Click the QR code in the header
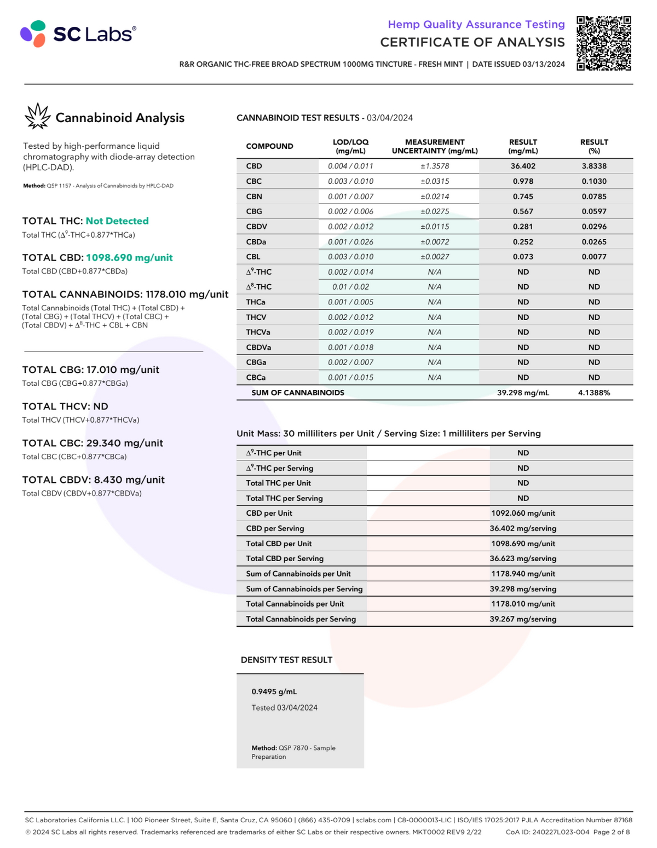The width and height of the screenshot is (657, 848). click(x=604, y=43)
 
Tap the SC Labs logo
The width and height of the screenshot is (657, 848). click(x=78, y=34)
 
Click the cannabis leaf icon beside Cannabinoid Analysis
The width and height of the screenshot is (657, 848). click(x=37, y=116)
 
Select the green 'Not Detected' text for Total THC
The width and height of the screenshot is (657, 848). click(x=117, y=221)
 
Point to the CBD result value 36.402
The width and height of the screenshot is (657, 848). click(x=523, y=166)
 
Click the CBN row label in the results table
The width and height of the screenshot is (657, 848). click(x=254, y=197)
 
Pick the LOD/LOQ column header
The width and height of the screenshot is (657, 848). click(x=350, y=146)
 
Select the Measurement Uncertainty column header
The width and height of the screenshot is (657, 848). click(x=435, y=146)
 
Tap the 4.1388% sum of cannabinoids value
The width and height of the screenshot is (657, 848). click(x=594, y=393)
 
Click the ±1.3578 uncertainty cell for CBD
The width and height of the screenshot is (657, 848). click(x=435, y=166)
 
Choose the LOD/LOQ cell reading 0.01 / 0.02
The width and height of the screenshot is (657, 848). click(x=350, y=287)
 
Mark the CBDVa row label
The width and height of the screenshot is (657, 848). click(x=258, y=347)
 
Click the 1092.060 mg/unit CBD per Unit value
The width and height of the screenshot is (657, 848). click(x=523, y=514)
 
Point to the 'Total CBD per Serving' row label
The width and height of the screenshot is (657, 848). click(x=285, y=559)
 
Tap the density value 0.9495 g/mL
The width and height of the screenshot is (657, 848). click(x=274, y=691)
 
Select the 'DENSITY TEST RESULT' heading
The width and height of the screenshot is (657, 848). click(x=286, y=660)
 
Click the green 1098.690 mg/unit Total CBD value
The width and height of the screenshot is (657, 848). click(x=129, y=258)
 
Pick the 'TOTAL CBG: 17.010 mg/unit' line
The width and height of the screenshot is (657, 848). click(x=91, y=370)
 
